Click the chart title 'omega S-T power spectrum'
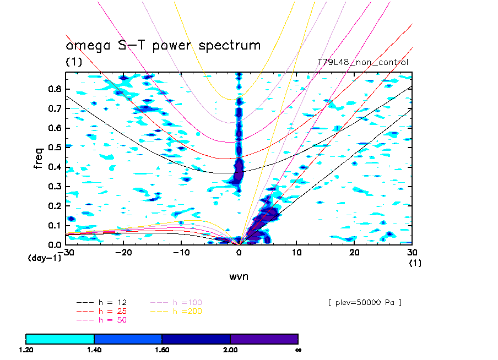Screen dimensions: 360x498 (163, 46)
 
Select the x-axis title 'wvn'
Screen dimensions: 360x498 (239, 276)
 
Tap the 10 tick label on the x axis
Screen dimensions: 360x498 (296, 252)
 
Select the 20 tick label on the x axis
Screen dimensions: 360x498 (354, 252)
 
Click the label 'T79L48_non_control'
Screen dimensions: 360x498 (362, 62)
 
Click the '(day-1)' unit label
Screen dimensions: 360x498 (44, 258)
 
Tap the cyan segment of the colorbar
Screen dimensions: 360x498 (60, 339)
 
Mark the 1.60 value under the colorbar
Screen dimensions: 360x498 (162, 350)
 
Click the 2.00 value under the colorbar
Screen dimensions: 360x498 (230, 350)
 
